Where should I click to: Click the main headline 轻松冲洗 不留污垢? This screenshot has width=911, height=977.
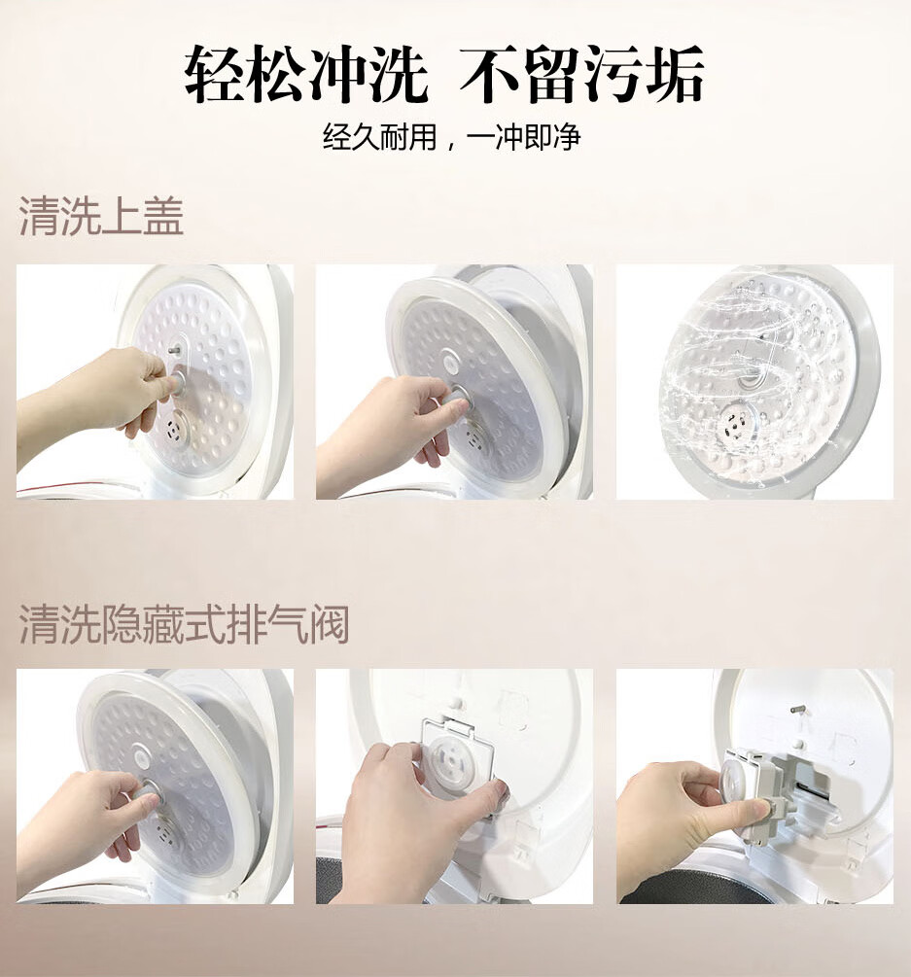445,74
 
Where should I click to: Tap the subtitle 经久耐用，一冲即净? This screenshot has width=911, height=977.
452,137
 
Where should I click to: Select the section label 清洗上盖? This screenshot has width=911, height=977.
101,216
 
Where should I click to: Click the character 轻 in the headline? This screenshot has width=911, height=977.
216,74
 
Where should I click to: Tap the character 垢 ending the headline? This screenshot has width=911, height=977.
674,74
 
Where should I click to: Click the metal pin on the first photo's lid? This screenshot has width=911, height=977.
175,349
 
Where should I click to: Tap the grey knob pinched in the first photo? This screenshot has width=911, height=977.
179,383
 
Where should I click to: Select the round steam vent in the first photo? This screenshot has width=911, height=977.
176,430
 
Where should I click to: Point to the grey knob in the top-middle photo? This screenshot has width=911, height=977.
458,401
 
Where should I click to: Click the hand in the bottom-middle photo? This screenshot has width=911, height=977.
414,822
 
